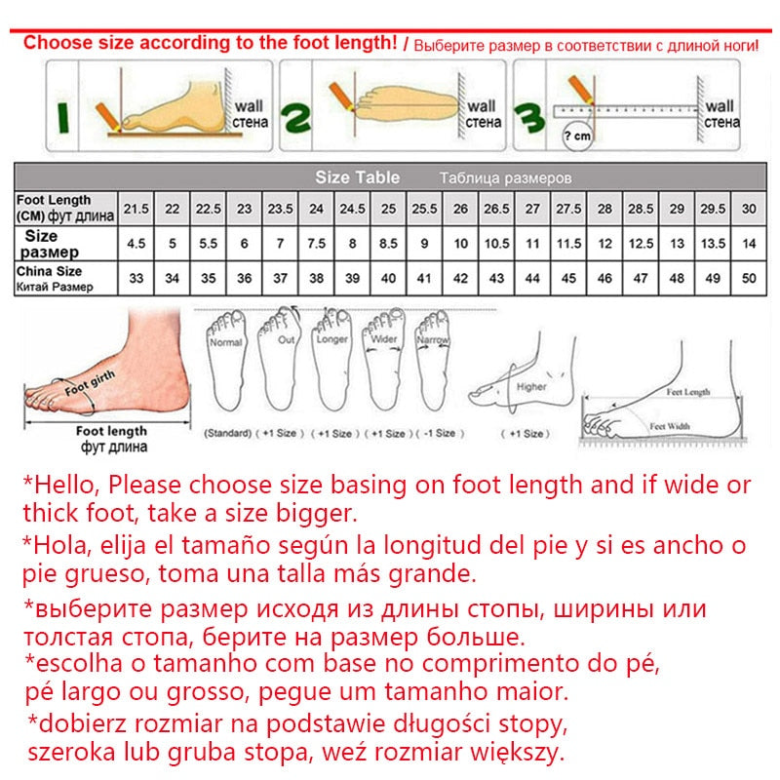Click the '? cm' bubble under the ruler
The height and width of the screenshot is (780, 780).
(578, 136)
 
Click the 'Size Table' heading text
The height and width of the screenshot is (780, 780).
(357, 177)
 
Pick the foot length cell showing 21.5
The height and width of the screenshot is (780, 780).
(136, 210)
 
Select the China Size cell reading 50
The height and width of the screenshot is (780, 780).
(749, 278)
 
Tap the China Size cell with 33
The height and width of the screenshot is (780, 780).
(136, 278)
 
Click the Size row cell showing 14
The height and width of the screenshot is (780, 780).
(749, 243)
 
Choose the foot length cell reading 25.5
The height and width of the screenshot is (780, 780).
(424, 210)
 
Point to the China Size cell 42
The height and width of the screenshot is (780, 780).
(460, 278)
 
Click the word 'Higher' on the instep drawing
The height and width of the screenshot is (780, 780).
(531, 387)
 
